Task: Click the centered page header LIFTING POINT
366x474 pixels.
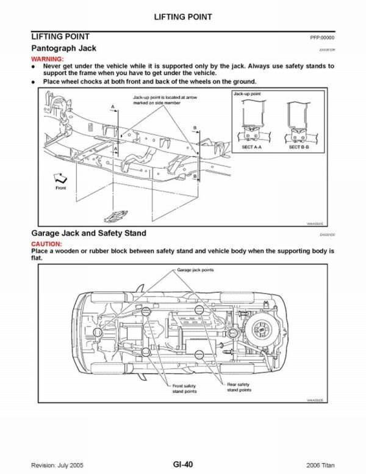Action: pos(183,17)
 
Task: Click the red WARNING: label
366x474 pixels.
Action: pos(48,58)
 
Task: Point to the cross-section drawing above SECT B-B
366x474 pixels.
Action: pos(298,123)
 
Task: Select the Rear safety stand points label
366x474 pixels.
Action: pos(239,387)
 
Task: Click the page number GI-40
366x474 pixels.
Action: pos(182,464)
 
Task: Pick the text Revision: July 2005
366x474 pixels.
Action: pos(57,464)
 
